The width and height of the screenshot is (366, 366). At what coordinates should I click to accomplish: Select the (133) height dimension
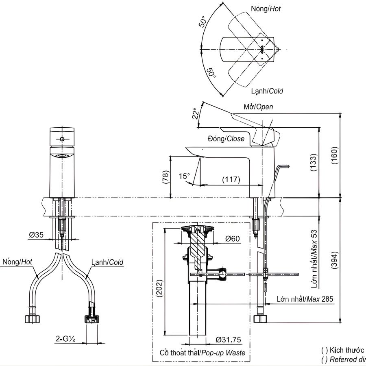pyautogui.click(x=313, y=163)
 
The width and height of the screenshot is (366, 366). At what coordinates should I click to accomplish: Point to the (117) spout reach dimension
pyautogui.click(x=231, y=179)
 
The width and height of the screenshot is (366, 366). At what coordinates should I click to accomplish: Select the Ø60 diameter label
pyautogui.click(x=232, y=239)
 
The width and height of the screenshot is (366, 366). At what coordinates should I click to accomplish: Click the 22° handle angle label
pyautogui.click(x=196, y=113)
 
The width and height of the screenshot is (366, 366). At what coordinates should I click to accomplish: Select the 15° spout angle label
pyautogui.click(x=184, y=176)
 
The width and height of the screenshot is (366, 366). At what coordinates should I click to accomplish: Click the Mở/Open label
pyautogui.click(x=258, y=107)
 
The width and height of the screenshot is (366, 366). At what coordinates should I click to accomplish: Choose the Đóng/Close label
pyautogui.click(x=226, y=139)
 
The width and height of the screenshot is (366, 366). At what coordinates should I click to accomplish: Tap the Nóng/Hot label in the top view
pyautogui.click(x=266, y=8)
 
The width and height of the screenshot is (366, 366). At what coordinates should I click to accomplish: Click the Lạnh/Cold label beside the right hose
pyautogui.click(x=107, y=262)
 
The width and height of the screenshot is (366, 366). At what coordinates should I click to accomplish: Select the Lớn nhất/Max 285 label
pyautogui.click(x=305, y=299)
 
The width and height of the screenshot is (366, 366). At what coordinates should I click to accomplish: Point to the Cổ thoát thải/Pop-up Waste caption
pyautogui.click(x=202, y=353)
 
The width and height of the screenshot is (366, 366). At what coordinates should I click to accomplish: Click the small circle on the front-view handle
pyautogui.click(x=62, y=139)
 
